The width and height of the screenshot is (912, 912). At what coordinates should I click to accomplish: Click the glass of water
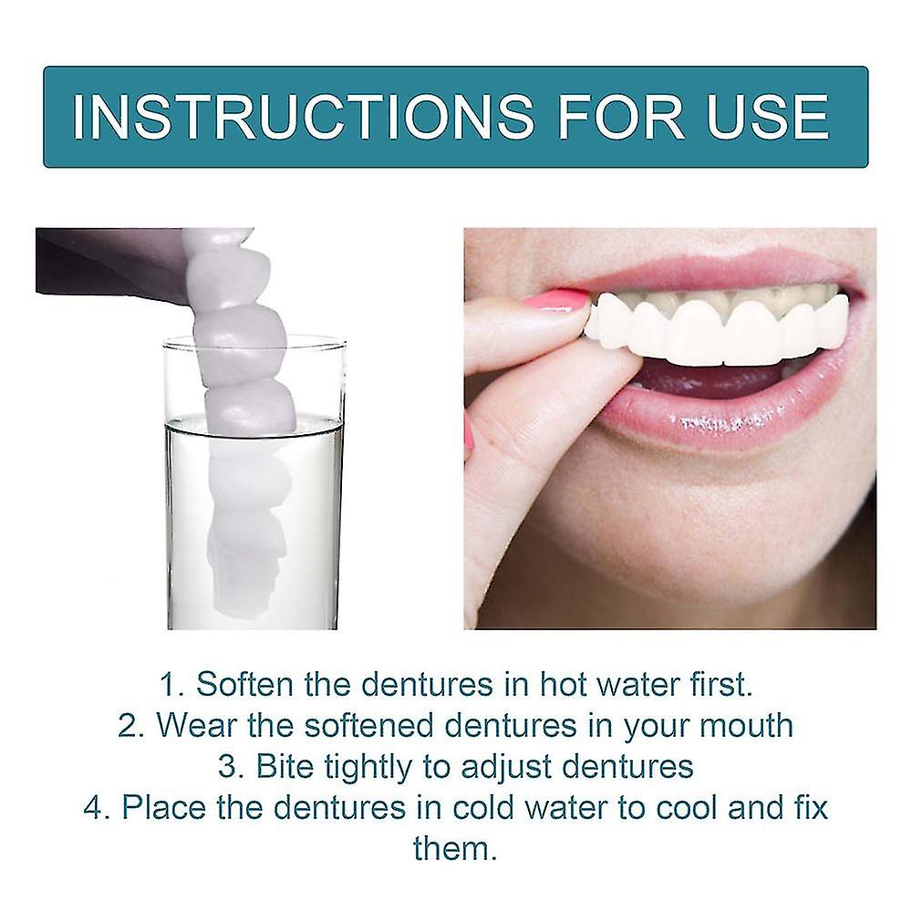[255, 511]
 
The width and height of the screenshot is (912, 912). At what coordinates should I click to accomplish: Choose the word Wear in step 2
[195, 726]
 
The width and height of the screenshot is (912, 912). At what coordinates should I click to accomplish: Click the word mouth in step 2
[740, 726]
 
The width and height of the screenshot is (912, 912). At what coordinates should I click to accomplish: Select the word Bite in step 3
[284, 767]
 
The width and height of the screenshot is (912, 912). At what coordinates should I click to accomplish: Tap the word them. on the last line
[455, 849]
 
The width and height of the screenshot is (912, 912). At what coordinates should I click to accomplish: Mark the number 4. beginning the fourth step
[97, 808]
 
